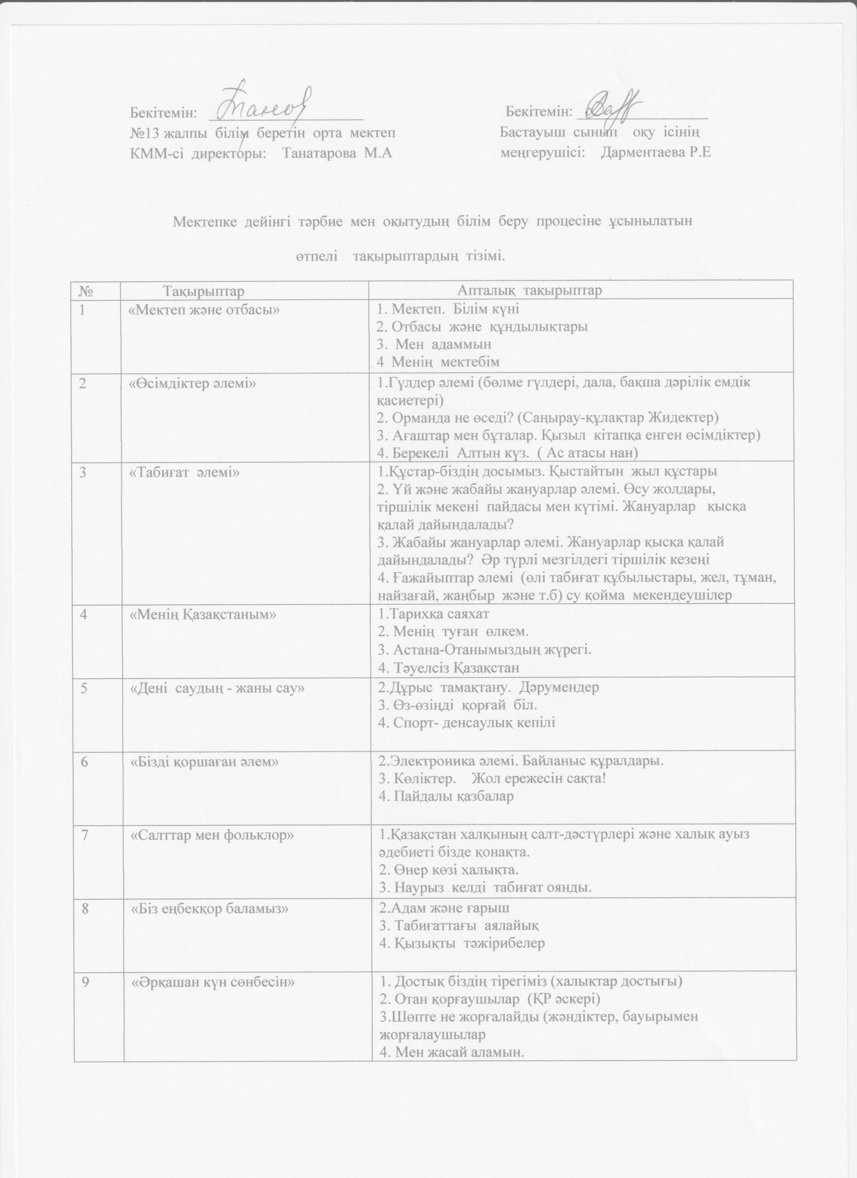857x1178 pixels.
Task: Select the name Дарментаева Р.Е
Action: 655,153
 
